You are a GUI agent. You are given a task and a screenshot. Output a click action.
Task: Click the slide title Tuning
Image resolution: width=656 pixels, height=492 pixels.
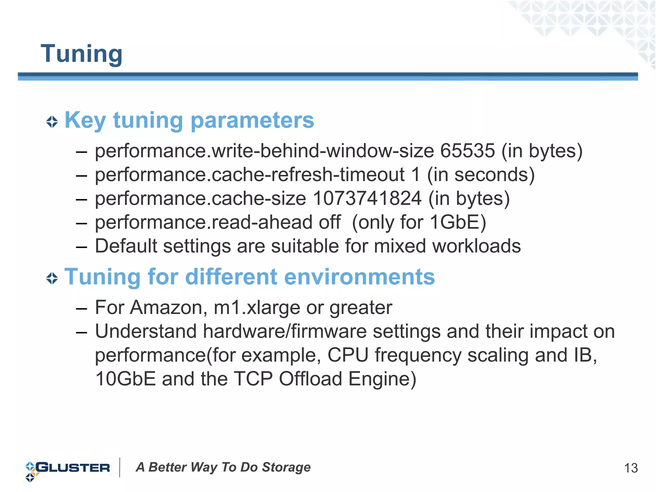coord(82,54)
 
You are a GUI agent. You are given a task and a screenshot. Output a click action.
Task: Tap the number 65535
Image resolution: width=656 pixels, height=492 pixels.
coord(467,151)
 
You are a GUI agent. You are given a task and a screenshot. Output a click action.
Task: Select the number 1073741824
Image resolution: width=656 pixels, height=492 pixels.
coord(367,198)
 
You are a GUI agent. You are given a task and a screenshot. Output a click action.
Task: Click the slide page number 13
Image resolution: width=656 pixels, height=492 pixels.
coord(631,468)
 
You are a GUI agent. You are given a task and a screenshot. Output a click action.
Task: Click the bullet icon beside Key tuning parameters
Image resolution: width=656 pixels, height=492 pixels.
coord(52,122)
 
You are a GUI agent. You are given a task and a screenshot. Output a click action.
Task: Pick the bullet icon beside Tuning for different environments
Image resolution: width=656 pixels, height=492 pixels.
coord(52,278)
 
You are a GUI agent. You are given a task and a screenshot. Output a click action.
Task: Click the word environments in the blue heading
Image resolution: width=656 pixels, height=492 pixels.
coord(359,277)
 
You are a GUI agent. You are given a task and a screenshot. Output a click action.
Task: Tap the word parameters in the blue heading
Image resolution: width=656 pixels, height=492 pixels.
coord(252,120)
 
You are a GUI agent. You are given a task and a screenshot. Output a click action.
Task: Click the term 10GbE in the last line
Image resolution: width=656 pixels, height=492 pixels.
coord(125,379)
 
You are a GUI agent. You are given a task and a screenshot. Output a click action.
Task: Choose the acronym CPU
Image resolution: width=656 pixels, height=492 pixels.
coord(348,355)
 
